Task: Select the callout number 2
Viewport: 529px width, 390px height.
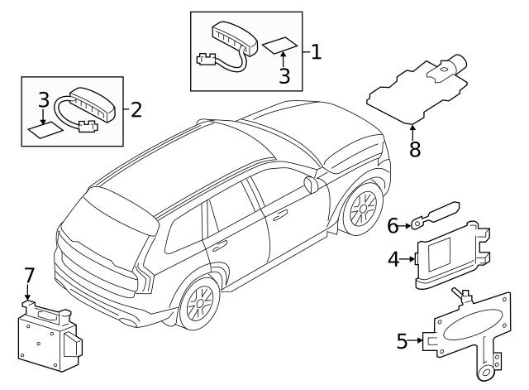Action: (136, 109)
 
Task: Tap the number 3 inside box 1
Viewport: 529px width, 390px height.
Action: (284, 76)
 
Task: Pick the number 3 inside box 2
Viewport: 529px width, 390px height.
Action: (44, 101)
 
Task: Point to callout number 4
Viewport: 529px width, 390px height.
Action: (394, 259)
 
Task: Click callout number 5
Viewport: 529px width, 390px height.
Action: (403, 340)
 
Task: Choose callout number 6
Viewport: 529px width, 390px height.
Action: (393, 224)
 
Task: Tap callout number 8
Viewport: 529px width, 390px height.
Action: (414, 151)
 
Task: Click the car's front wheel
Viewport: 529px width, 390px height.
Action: (361, 209)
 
